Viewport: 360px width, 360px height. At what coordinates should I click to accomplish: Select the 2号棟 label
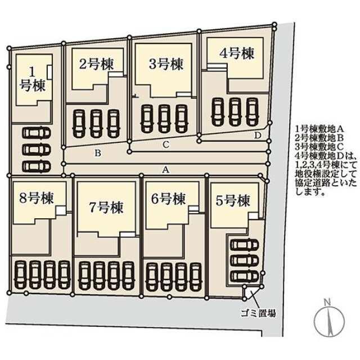pyautogui.click(x=96, y=64)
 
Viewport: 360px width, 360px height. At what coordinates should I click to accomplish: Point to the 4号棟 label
pyautogui.click(x=236, y=53)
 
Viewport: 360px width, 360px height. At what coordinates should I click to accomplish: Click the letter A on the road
pyautogui.click(x=165, y=168)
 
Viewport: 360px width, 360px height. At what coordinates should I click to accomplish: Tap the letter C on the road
pyautogui.click(x=165, y=144)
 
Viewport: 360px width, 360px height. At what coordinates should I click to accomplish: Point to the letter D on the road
pyautogui.click(x=258, y=135)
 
